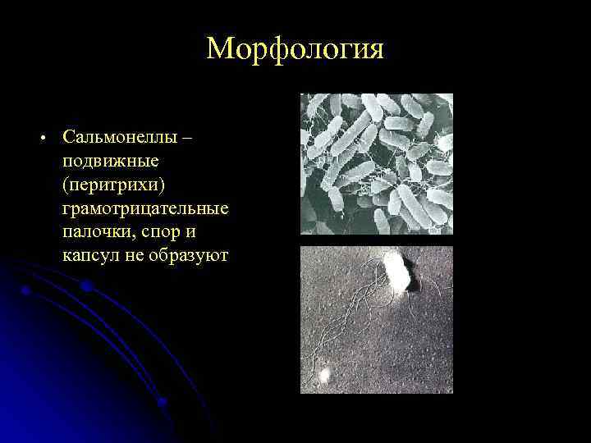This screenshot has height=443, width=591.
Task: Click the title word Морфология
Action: [x=295, y=49]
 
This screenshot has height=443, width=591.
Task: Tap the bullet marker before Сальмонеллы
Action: [x=40, y=137]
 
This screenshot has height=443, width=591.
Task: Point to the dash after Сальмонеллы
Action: [x=188, y=136]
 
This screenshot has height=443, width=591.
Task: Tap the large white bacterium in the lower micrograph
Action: [x=396, y=272]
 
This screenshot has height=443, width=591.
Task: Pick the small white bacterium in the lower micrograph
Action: [x=324, y=376]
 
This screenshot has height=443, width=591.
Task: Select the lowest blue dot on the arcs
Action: [x=163, y=401]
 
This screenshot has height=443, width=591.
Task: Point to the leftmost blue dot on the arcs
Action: [x=25, y=290]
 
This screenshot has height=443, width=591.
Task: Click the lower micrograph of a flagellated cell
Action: [x=376, y=320]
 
